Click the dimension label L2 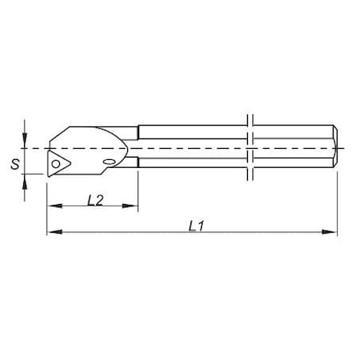pyautogui.click(x=94, y=199)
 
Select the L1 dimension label pyautogui.click(x=194, y=226)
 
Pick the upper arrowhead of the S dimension pyautogui.click(x=26, y=143)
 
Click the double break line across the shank pyautogui.click(x=250, y=148)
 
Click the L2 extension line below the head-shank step pyautogui.click(x=138, y=188)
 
